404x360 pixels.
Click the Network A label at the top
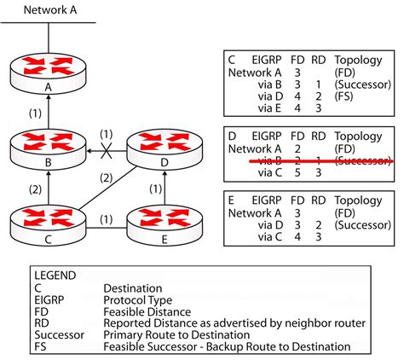[50, 10]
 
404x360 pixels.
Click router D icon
[158, 145]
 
